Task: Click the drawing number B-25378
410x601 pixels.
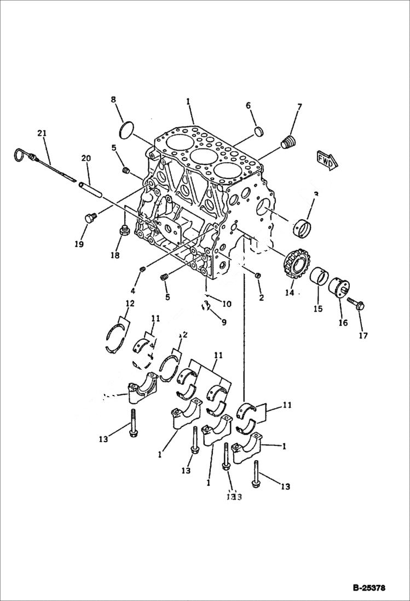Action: tap(369, 588)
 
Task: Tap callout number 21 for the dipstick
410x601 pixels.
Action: tap(43, 133)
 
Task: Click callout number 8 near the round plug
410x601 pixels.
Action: tap(114, 100)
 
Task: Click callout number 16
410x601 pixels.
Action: tap(343, 323)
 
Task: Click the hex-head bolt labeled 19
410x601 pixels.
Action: tap(90, 218)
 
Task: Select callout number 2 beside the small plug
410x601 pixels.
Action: tap(261, 298)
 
